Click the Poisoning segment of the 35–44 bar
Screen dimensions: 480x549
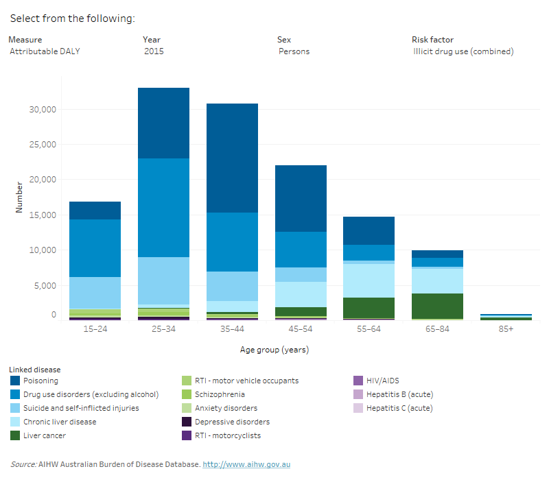(x=233, y=158)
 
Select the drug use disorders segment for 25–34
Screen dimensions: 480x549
(x=163, y=207)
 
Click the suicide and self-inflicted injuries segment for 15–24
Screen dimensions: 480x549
(x=95, y=293)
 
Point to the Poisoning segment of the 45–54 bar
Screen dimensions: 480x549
(x=301, y=198)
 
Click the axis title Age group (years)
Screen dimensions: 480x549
(x=274, y=350)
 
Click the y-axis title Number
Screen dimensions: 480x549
(x=19, y=197)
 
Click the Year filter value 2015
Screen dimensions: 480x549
(x=154, y=51)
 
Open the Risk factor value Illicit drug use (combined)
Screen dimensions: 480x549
(x=463, y=51)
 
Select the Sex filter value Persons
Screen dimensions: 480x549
(x=294, y=51)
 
